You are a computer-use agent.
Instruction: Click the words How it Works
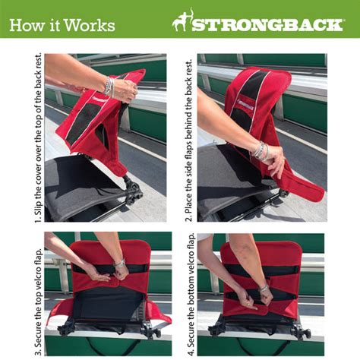pos(62,25)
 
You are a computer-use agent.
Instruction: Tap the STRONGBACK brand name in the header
pos(266,24)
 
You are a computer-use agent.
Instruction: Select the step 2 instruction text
pos(188,137)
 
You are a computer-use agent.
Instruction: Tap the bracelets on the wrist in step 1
pos(109,87)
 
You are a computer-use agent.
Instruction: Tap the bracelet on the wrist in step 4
pos(264,289)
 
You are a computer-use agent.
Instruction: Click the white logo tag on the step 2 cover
pos(244,99)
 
